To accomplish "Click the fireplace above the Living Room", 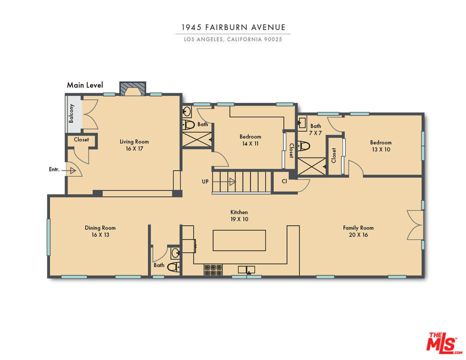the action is pos(133,88).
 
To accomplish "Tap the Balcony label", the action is pos(71,113).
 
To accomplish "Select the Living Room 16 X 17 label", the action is pos(134,145).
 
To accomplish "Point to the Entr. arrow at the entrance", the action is pos(69,170).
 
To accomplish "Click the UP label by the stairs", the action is pos(205,181).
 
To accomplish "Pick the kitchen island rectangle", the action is pos(239,240).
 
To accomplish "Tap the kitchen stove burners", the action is pos(213,270).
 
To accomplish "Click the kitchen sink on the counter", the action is pos(246,269).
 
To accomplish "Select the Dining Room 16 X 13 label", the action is pos(100,231).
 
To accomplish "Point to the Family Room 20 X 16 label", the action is pos(358,231).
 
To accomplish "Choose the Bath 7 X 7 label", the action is pos(315,129).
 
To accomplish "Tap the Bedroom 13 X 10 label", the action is pos(380,146).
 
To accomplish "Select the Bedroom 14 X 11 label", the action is pos(250,140).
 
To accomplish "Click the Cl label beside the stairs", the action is pos(284,181).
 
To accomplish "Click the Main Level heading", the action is pos(85,85).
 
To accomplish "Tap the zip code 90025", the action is pos(273,39).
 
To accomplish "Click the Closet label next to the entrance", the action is pos(81,139).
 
